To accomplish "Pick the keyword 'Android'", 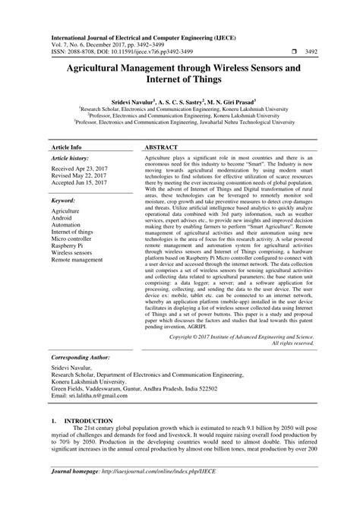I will (63, 210).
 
